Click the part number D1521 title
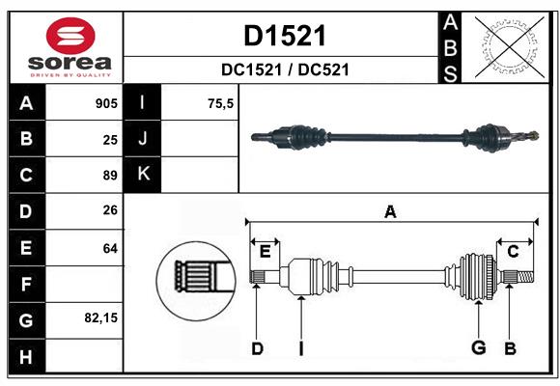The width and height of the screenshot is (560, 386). (284, 36)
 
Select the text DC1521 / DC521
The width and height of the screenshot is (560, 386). (284, 69)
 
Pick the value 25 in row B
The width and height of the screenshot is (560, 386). (110, 139)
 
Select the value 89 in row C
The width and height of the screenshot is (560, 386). (110, 176)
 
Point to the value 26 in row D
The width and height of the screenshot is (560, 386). (110, 211)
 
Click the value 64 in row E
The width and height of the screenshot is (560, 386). (110, 248)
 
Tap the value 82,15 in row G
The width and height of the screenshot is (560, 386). (101, 317)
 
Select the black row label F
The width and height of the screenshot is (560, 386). (26, 284)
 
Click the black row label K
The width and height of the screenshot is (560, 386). (143, 175)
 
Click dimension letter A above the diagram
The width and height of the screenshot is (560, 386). (390, 211)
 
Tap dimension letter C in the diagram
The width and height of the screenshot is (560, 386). (513, 251)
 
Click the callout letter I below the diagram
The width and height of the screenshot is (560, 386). (300, 347)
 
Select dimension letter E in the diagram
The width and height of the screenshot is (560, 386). (265, 251)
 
